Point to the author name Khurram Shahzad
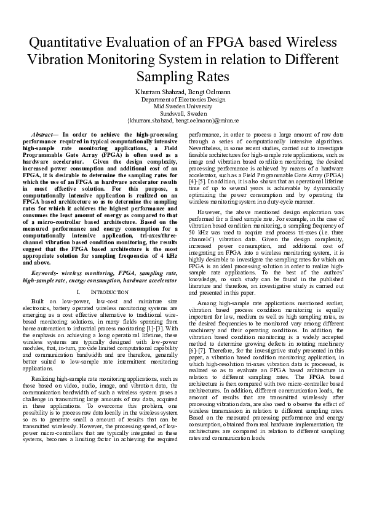[157, 92]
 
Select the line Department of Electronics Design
[183, 99]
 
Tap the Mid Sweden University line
[183, 106]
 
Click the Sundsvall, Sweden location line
[183, 114]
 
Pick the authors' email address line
[183, 121]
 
